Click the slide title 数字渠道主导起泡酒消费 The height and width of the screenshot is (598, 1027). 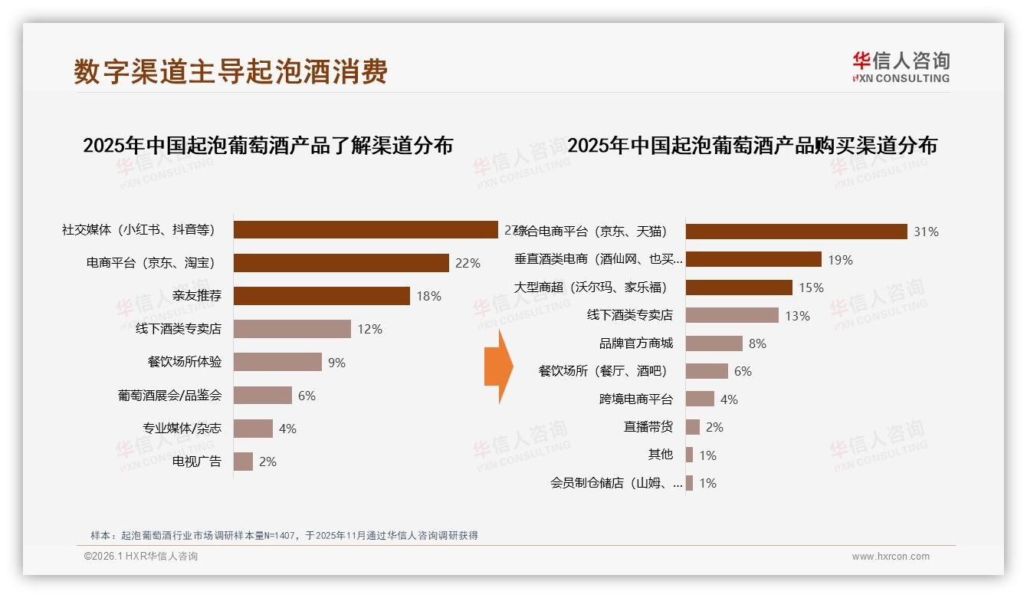231,71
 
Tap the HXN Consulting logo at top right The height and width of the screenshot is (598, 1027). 900,67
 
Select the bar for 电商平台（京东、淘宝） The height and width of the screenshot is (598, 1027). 341,263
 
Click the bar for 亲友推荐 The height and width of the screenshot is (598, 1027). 322,296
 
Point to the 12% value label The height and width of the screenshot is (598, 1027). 369,329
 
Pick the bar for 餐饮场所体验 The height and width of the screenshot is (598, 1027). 277,362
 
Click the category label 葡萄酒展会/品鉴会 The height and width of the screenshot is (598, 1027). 169,396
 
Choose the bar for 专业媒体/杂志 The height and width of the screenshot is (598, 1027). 253,429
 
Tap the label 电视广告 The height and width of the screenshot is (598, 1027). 197,462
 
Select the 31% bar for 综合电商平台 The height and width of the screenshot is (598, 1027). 796,232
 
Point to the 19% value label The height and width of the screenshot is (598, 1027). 840,260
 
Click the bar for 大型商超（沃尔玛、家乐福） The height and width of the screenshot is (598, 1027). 739,287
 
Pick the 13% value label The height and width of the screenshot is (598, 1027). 797,316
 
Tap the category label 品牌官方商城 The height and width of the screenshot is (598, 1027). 636,343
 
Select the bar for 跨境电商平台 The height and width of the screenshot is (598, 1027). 700,399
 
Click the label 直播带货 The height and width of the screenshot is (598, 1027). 648,427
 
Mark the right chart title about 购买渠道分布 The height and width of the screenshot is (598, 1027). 752,146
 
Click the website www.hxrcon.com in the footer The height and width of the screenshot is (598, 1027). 891,557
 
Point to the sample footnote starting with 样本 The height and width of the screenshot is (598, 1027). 284,535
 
